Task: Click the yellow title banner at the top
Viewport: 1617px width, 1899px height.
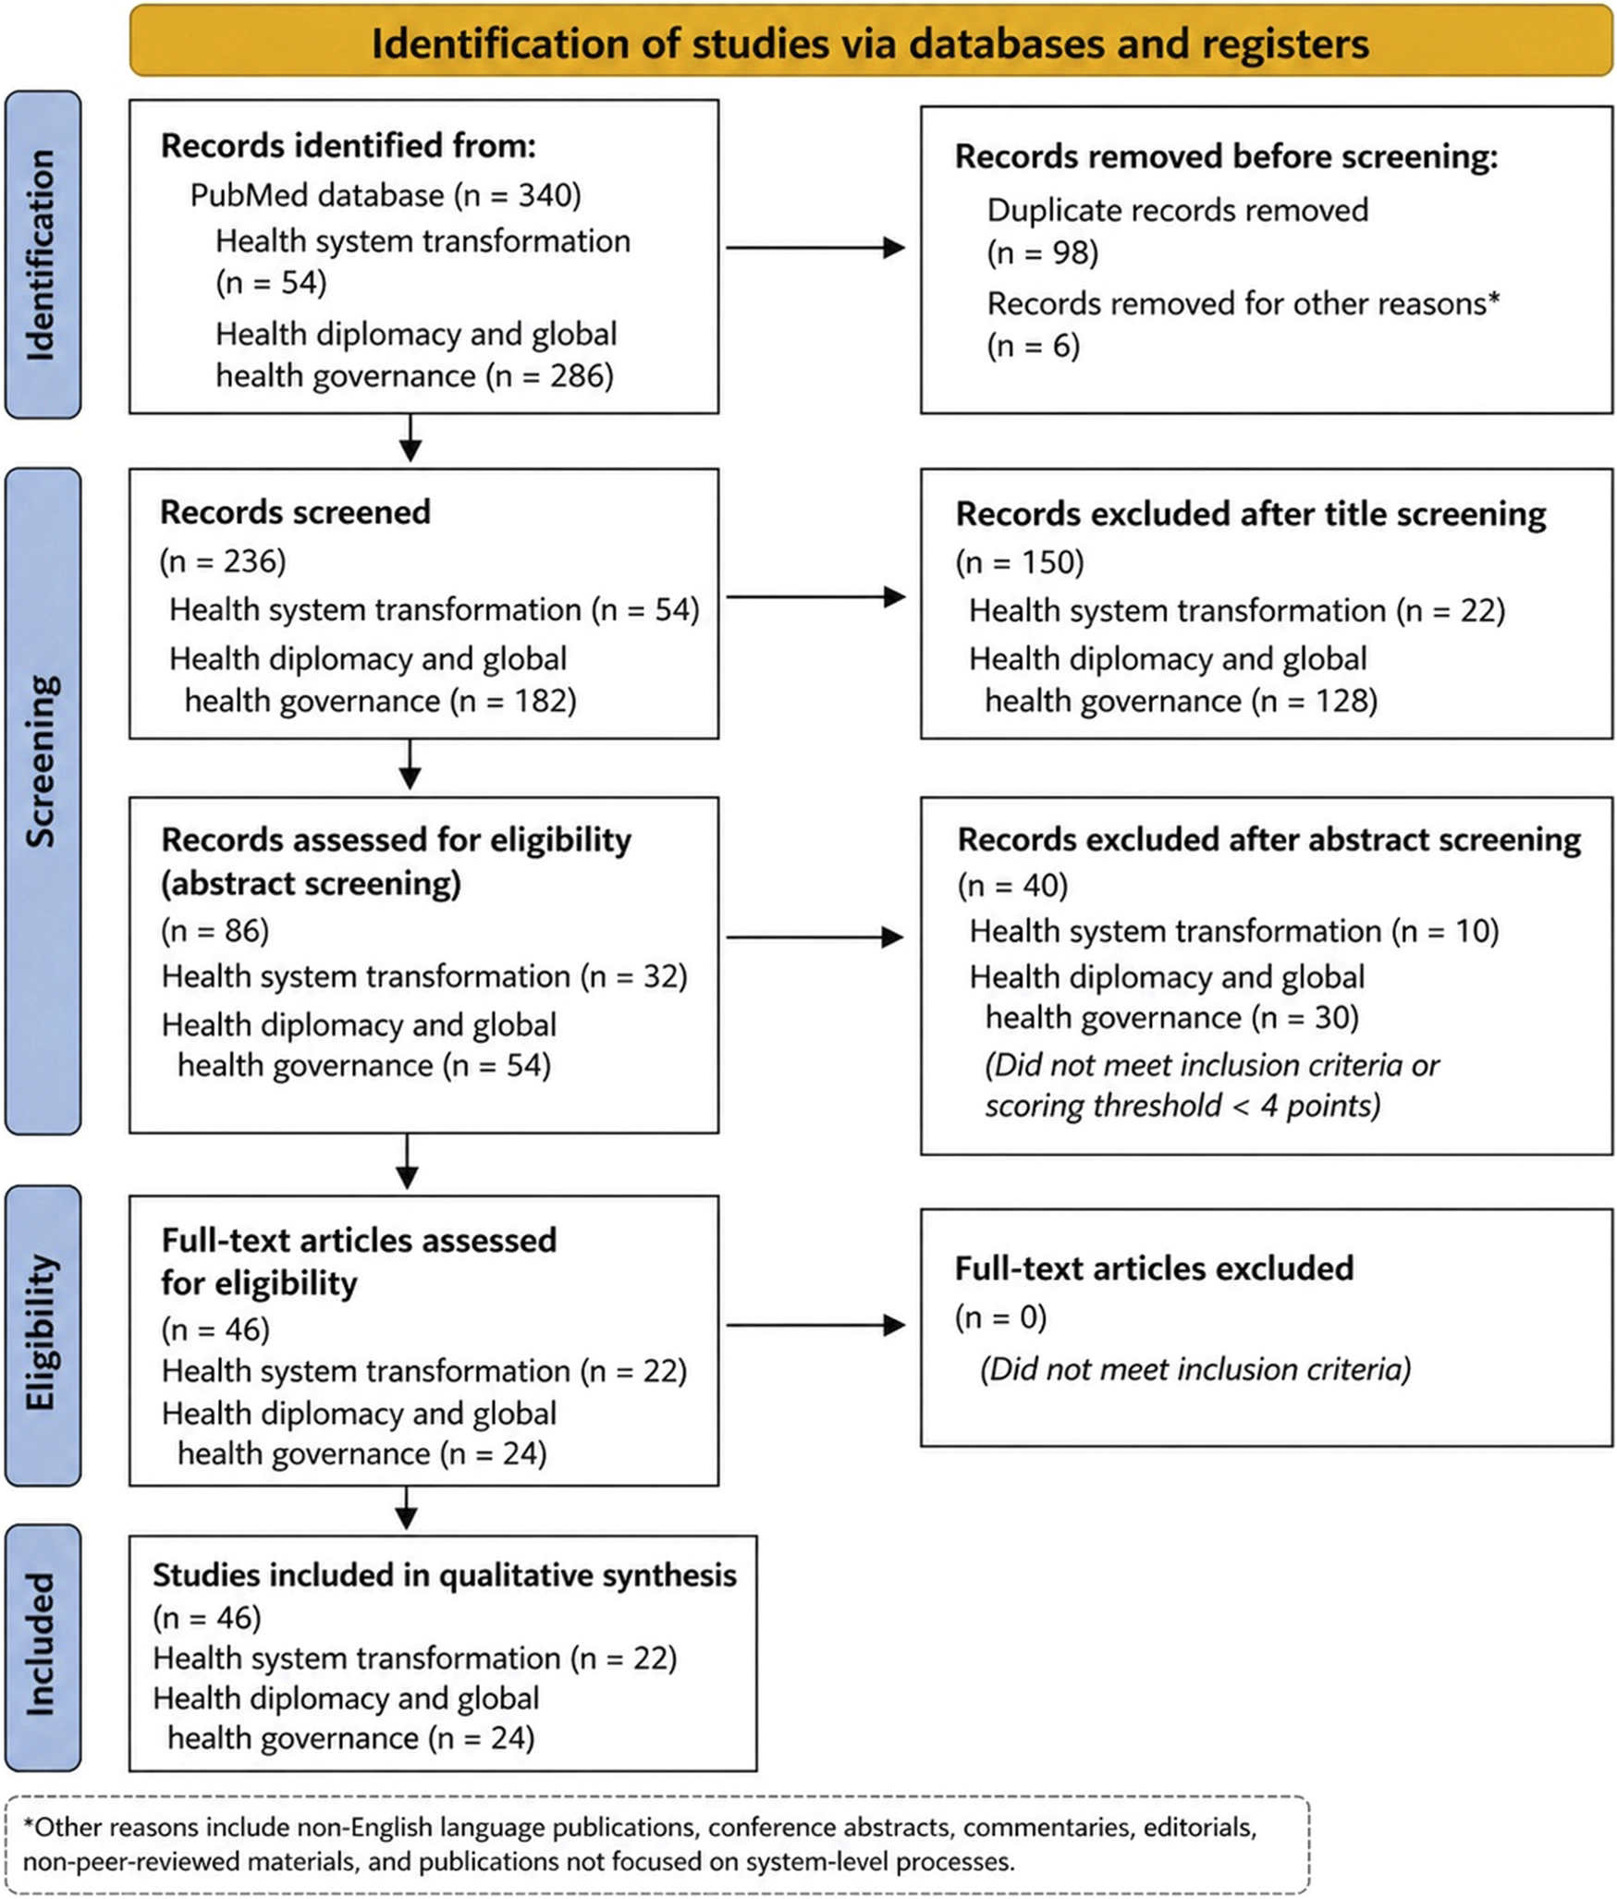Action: point(871,42)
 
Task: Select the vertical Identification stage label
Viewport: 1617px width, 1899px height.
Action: point(43,254)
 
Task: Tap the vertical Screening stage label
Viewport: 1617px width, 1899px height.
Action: point(43,801)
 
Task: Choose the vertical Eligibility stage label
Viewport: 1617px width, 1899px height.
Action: point(43,1333)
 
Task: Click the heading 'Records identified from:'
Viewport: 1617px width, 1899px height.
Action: point(349,146)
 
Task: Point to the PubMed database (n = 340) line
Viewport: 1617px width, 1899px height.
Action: point(386,195)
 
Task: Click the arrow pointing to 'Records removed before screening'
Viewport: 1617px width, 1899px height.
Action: point(815,248)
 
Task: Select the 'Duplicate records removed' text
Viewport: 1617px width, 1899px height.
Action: point(1178,210)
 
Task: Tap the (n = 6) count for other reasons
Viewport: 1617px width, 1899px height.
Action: point(1034,346)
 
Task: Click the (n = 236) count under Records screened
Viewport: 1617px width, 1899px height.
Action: point(223,560)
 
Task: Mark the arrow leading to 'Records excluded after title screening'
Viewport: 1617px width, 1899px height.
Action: point(815,597)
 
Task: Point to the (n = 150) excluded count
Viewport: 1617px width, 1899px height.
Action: point(1020,561)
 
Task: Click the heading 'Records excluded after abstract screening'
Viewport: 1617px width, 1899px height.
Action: point(1268,839)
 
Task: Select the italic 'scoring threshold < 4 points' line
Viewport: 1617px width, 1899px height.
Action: point(1182,1105)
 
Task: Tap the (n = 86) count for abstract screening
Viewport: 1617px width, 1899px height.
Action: point(215,929)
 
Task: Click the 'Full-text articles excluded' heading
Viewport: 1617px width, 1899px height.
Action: point(1154,1268)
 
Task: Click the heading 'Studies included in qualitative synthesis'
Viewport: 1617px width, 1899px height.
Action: point(445,1574)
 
